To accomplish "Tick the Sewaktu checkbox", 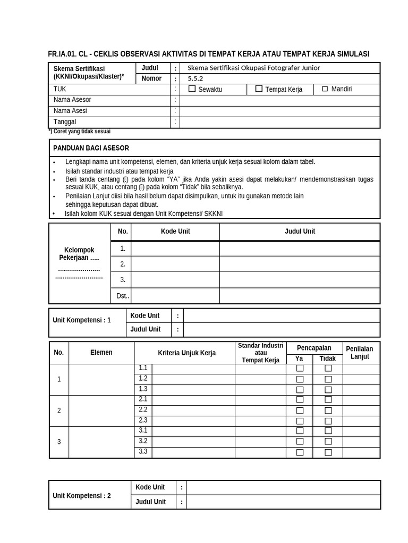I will (192, 89).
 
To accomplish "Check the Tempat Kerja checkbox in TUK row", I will (259, 89).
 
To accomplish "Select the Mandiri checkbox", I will (325, 89).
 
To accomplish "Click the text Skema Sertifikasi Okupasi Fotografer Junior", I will (253, 68).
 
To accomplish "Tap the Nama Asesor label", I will (72, 100).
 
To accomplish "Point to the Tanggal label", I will (65, 122).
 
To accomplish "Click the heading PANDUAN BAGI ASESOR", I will (91, 148).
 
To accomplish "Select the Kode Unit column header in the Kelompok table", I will (175, 231).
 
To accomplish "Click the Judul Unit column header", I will (300, 231).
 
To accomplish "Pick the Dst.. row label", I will (123, 296).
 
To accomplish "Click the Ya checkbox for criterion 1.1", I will (300, 368).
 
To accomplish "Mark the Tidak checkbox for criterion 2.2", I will (328, 410).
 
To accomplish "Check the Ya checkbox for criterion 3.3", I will (300, 452).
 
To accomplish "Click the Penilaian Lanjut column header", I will (360, 352).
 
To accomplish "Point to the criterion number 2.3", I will (143, 420).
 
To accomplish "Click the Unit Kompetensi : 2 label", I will (82, 496).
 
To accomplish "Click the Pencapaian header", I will (314, 348).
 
